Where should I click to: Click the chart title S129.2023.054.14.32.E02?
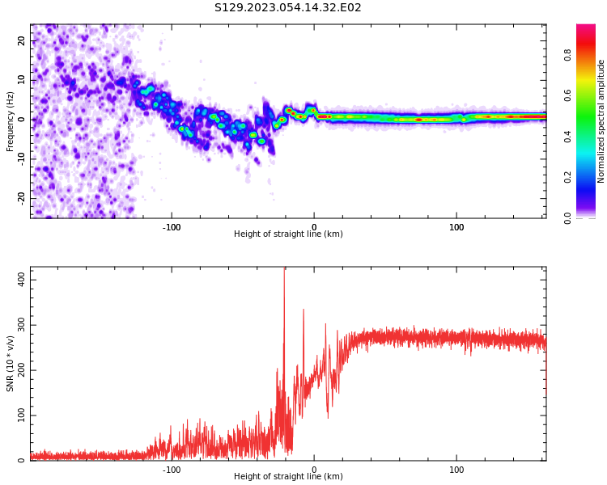[x=287, y=8]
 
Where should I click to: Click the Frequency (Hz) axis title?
[x=11, y=121]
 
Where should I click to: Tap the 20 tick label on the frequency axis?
[x=22, y=41]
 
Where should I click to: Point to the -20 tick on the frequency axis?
[x=20, y=197]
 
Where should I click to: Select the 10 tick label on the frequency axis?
[x=22, y=81]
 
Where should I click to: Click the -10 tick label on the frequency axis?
[x=20, y=158]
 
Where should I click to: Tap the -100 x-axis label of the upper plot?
[x=172, y=227]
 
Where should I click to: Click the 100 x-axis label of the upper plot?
[x=456, y=227]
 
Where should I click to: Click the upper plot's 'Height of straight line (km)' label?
[x=288, y=234]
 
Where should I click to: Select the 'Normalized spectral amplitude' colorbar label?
[x=601, y=121]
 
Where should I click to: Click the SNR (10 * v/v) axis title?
[x=11, y=364]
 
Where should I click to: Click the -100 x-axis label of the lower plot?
[x=172, y=470]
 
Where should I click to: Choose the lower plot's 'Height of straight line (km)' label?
[x=288, y=477]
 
